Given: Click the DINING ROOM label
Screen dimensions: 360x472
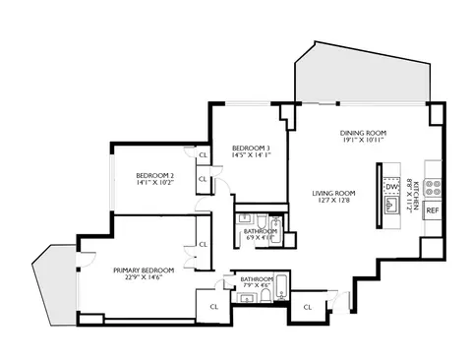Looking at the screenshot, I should click(360, 132).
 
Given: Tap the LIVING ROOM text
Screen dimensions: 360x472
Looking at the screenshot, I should click(333, 192).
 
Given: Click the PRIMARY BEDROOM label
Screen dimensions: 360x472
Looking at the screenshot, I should click(143, 270).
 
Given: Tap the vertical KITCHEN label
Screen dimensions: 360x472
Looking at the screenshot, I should click(416, 198).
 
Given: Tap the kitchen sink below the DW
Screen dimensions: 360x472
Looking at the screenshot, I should click(390, 205).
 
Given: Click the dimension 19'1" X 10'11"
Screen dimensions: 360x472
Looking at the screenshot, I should click(360, 141).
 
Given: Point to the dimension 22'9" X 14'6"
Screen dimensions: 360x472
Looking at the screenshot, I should click(143, 279).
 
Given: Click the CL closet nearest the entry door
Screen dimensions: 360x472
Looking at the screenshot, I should click(307, 307).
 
